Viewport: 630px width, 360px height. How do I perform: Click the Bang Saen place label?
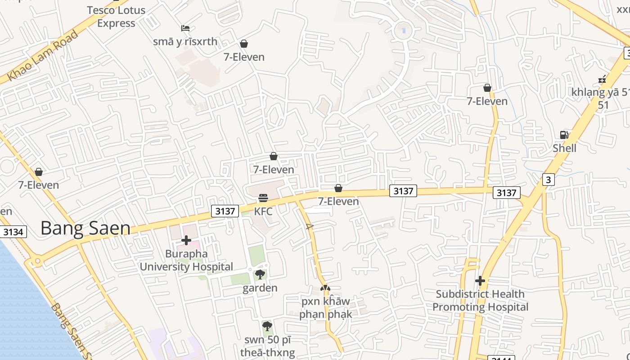(85, 228)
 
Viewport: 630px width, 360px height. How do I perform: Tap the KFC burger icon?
(263, 198)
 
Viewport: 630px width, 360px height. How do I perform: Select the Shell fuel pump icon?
(563, 135)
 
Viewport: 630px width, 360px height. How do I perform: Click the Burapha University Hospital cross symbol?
(186, 241)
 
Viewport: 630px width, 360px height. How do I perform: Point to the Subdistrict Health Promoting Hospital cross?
(480, 281)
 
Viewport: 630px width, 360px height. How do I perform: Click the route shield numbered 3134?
(13, 232)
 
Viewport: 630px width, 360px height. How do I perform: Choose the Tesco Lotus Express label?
(116, 17)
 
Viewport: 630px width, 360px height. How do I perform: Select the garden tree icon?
(260, 274)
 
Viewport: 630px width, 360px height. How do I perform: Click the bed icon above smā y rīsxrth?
(185, 28)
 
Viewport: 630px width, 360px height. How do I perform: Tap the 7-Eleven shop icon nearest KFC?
(273, 156)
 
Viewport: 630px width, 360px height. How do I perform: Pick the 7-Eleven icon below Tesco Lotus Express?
(244, 44)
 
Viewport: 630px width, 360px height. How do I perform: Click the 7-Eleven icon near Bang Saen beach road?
(39, 172)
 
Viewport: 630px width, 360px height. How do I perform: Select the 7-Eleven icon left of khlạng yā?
(487, 88)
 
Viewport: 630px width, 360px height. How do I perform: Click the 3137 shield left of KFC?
(225, 211)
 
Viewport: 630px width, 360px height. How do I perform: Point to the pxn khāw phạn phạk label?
(325, 307)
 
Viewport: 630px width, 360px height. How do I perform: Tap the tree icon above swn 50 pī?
(267, 326)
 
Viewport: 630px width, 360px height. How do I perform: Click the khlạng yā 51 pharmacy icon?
(603, 79)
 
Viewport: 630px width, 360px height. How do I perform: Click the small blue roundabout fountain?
(403, 31)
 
